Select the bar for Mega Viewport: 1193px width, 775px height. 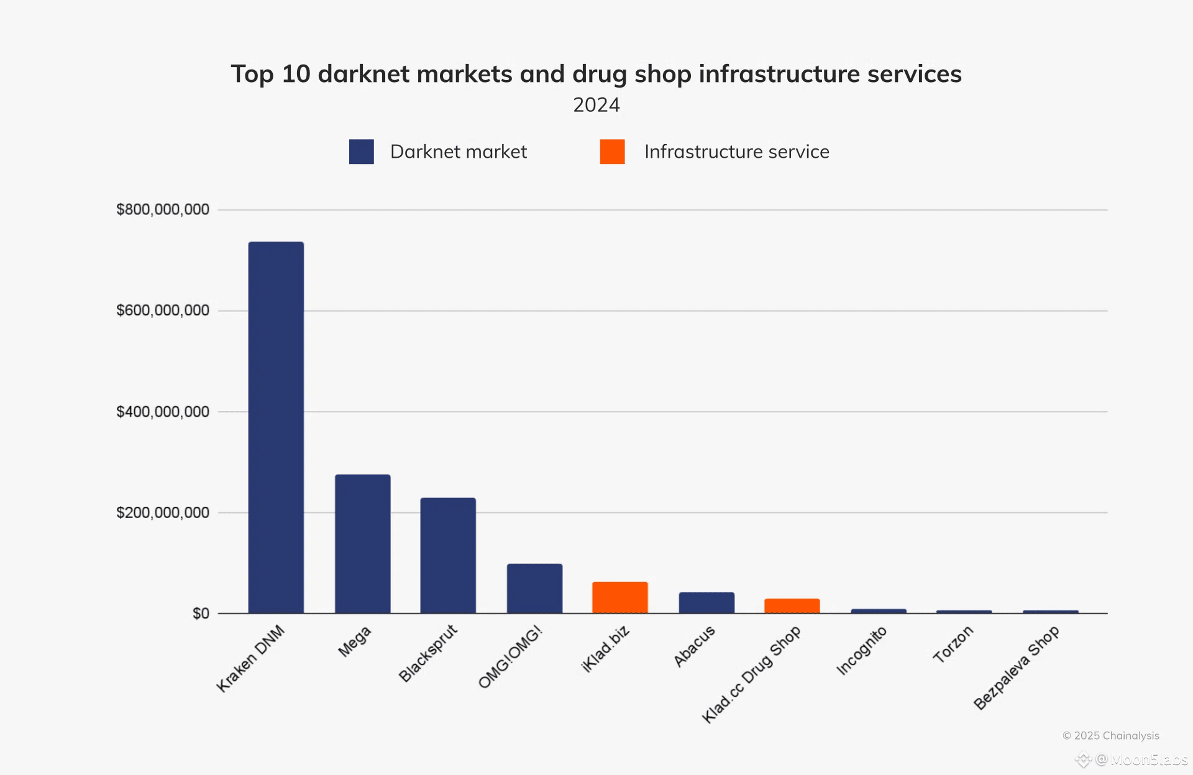click(x=362, y=544)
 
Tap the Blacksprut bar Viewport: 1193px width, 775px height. click(x=448, y=555)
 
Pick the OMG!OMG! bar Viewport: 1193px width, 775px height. click(x=534, y=588)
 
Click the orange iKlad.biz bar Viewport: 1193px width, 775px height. click(x=619, y=597)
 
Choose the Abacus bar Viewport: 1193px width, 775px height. click(x=706, y=602)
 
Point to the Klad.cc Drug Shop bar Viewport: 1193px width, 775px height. click(x=792, y=605)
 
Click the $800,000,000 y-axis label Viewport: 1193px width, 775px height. click(x=163, y=209)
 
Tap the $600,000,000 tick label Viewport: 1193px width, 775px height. click(x=163, y=310)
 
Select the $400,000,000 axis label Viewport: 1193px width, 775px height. click(x=163, y=412)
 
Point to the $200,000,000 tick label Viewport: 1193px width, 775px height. click(x=163, y=513)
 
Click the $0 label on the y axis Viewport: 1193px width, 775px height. click(x=201, y=614)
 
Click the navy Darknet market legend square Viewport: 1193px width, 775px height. click(x=361, y=152)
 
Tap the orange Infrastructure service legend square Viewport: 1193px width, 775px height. click(x=612, y=152)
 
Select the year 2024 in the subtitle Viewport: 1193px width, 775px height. click(x=596, y=105)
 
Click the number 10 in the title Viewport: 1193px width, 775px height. click(x=296, y=74)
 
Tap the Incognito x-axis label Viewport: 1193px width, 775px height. click(x=862, y=650)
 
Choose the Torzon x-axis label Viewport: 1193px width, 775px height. click(x=953, y=644)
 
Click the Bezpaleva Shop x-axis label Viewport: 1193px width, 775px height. click(x=1017, y=668)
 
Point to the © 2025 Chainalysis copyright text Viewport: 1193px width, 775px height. click(x=1110, y=735)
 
